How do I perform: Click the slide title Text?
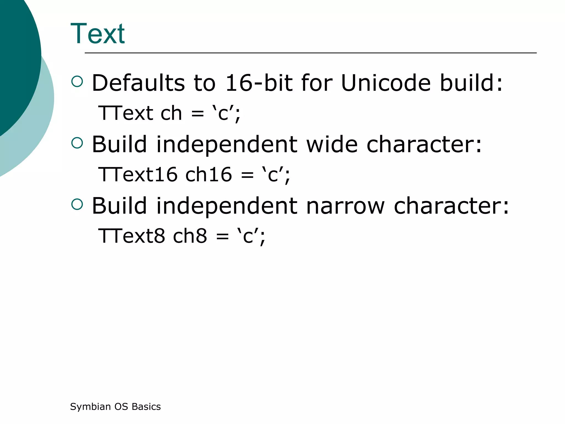pyautogui.click(x=98, y=34)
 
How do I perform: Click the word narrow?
pyautogui.click(x=345, y=206)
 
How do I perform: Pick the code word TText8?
pyautogui.click(x=132, y=236)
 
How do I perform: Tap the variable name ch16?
pyautogui.click(x=209, y=174)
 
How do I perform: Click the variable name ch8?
pyautogui.click(x=190, y=236)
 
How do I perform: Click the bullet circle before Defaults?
pyautogui.click(x=77, y=82)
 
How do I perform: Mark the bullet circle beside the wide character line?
pyautogui.click(x=77, y=143)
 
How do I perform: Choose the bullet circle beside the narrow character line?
pyautogui.click(x=77, y=205)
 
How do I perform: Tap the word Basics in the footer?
pyautogui.click(x=146, y=407)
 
